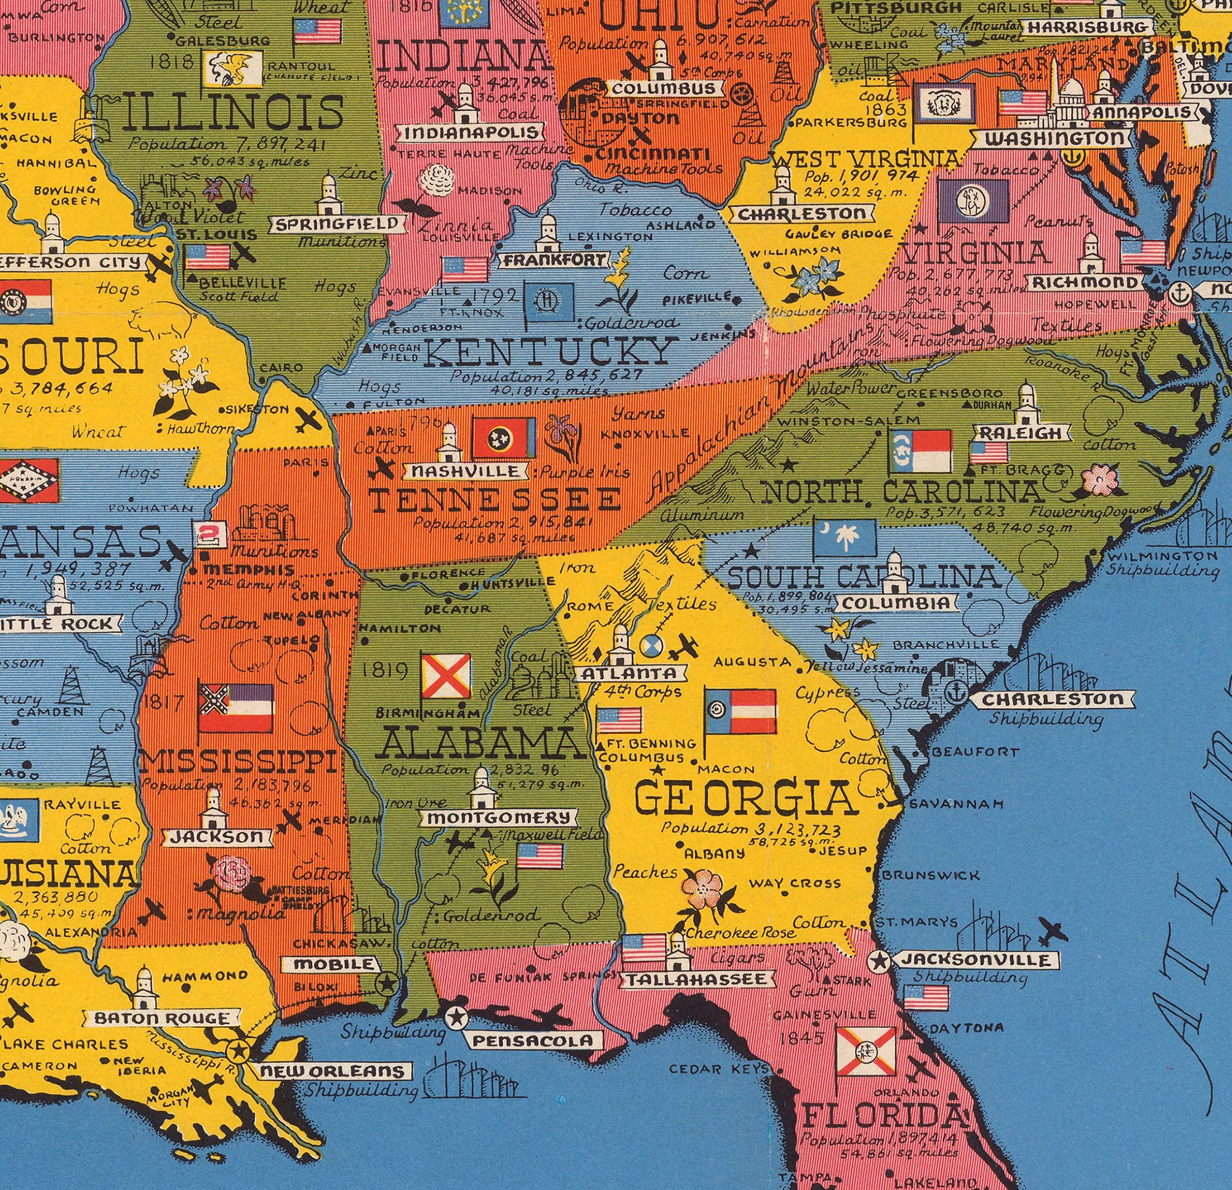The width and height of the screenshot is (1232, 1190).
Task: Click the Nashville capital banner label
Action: click(465, 471)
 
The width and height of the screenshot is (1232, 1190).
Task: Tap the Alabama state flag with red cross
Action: click(445, 676)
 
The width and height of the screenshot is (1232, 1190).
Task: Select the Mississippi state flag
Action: click(236, 709)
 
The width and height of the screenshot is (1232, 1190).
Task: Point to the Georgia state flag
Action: click(740, 712)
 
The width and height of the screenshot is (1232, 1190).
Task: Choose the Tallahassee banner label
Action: click(695, 979)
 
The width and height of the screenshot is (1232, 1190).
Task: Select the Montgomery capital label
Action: click(501, 818)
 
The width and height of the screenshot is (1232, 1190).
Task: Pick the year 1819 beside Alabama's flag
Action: click(384, 671)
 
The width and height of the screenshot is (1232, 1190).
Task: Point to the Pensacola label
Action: click(532, 1041)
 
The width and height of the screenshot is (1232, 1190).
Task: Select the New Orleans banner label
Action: click(333, 1071)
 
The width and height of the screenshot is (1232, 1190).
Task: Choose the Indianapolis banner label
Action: click(471, 133)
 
